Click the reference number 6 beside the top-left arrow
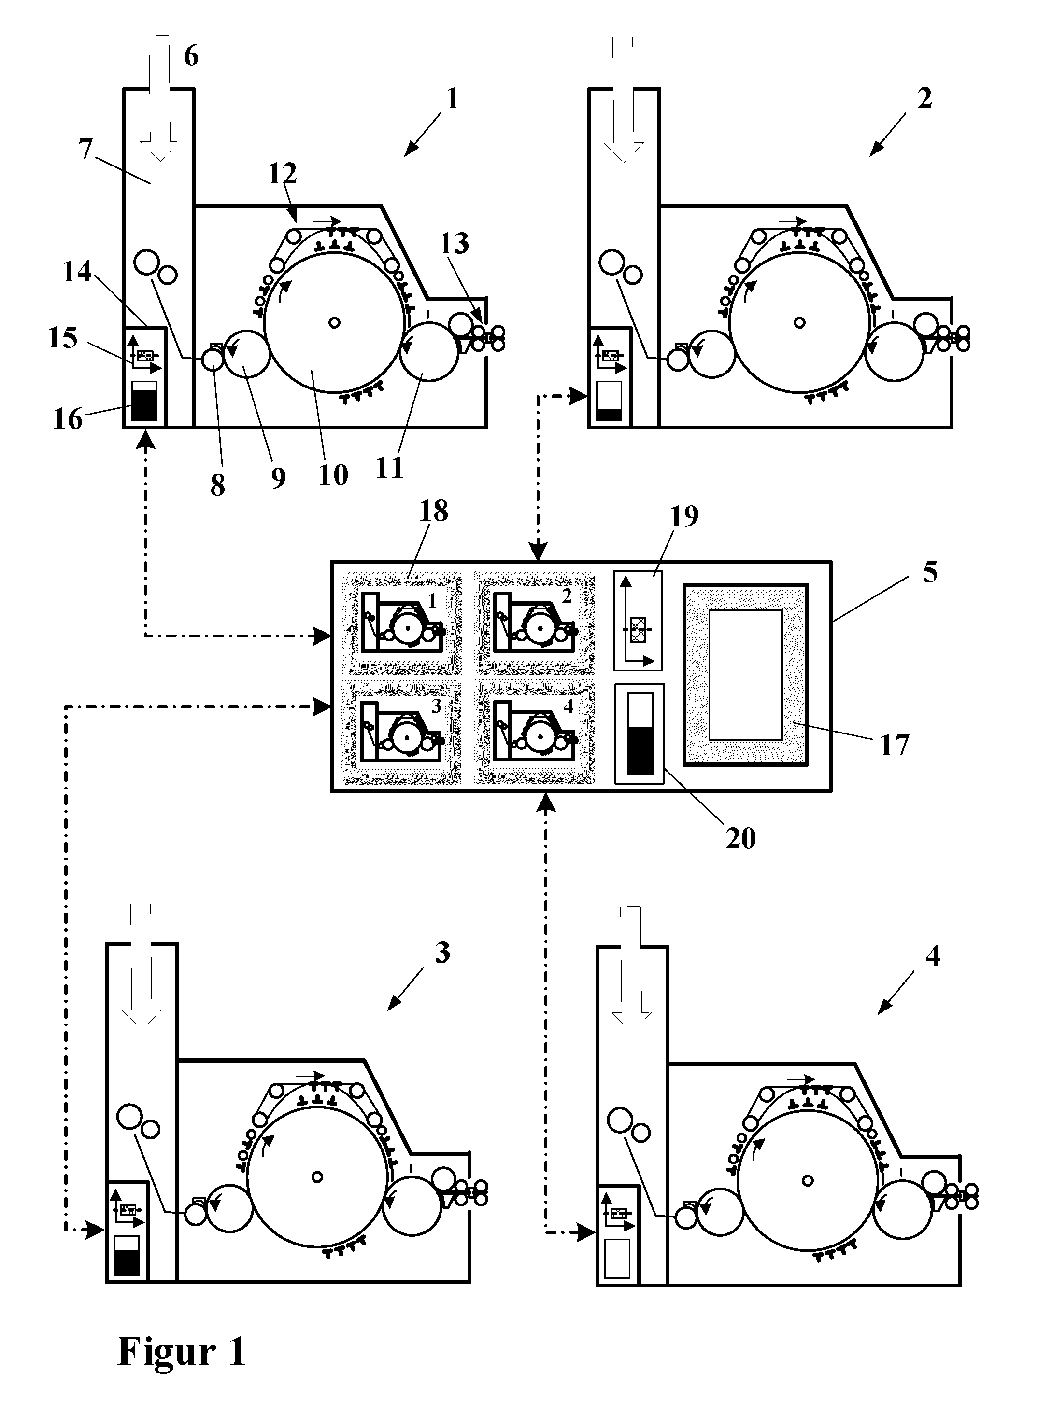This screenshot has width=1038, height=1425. point(191,56)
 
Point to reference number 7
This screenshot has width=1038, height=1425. point(86,150)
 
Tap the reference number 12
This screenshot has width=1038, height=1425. point(282,173)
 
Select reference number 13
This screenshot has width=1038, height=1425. point(454,244)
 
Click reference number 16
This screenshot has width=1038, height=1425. point(68,419)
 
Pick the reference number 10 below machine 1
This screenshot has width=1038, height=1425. point(333,476)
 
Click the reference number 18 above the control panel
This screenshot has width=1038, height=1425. point(433,512)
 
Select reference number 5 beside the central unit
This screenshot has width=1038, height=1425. point(930,572)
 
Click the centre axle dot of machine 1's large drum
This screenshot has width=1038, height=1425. point(334,322)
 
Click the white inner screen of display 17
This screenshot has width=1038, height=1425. point(746,675)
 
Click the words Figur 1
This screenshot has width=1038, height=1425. point(181,1352)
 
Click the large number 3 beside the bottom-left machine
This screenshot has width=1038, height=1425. point(442,953)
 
